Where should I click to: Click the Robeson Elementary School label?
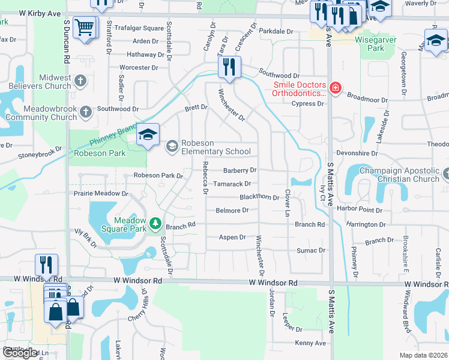pos(217,148)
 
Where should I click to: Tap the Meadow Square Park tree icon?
pos(155,224)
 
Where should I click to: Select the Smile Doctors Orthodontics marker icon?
pos(335,89)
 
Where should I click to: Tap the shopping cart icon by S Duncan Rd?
pos(85,27)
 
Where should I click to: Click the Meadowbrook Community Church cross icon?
pos(86,111)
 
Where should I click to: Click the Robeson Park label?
pos(100,153)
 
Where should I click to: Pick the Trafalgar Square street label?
pos(139,28)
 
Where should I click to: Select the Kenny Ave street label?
pos(310,343)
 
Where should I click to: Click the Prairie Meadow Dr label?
pos(101,194)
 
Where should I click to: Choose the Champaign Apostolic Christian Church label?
pos(399,175)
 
